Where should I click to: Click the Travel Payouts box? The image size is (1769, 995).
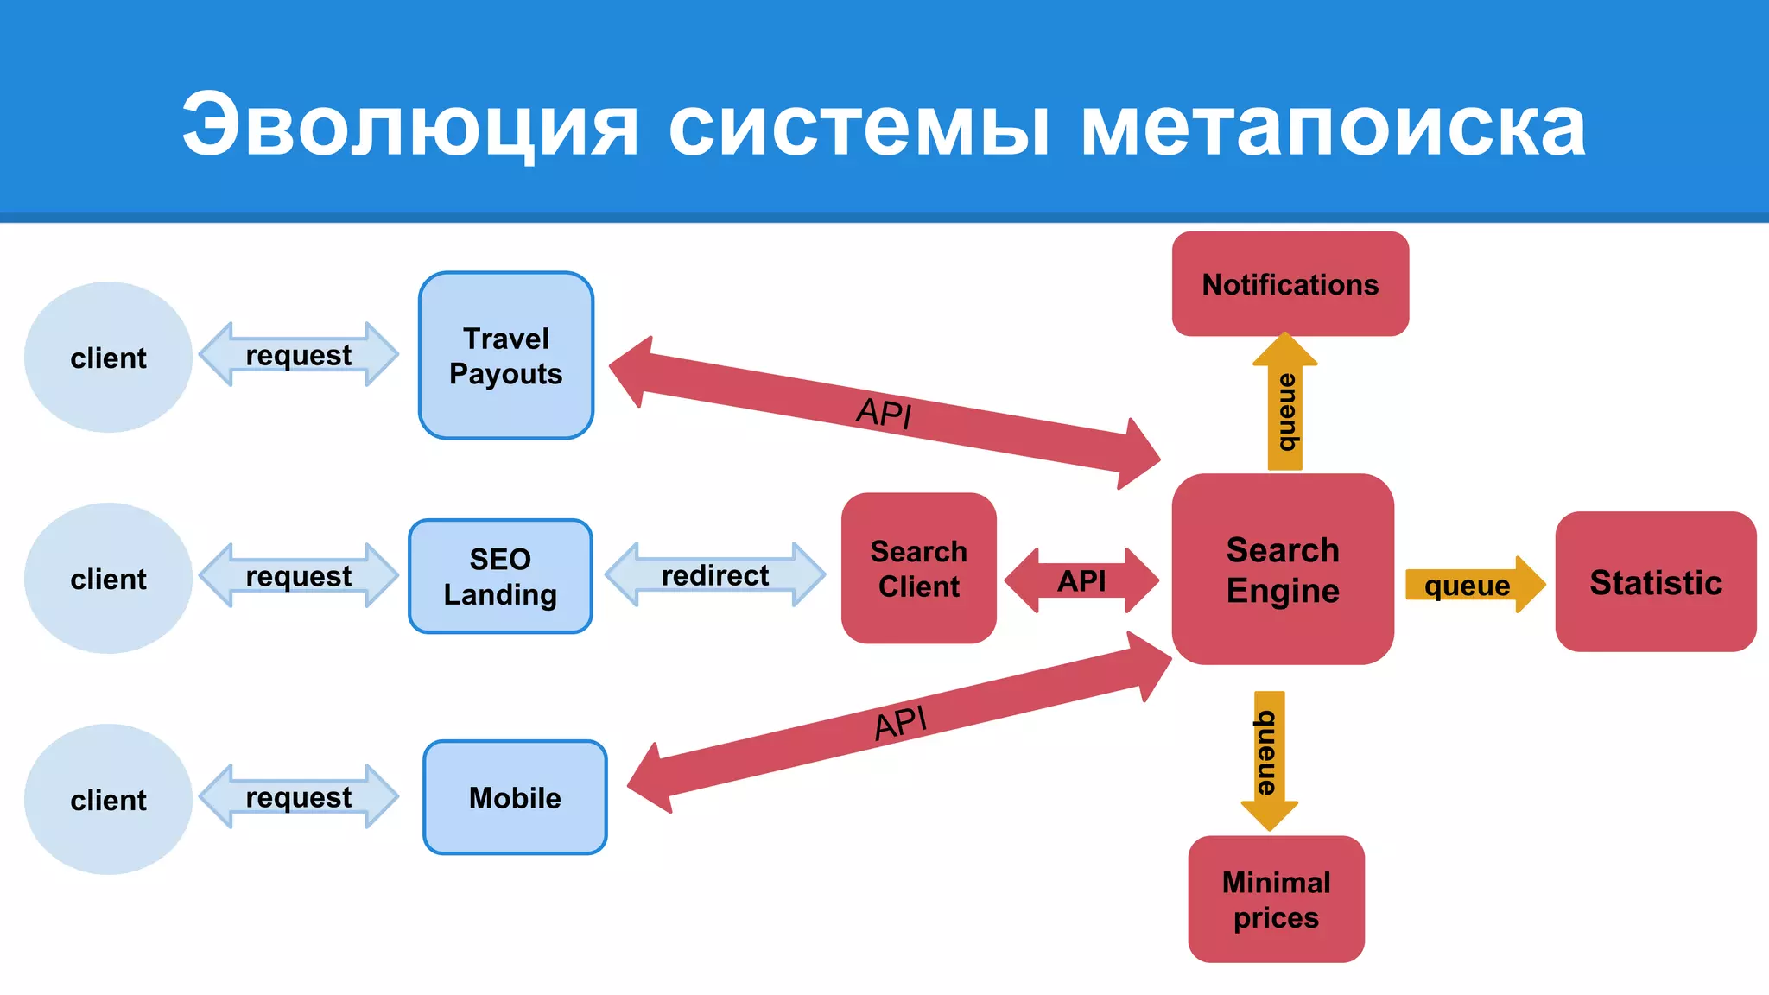click(506, 356)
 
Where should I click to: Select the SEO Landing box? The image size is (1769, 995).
click(500, 576)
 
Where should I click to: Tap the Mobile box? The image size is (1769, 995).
click(515, 797)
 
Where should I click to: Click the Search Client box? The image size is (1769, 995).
click(918, 568)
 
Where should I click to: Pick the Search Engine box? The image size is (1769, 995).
click(1283, 569)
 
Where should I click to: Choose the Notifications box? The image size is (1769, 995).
click(1290, 284)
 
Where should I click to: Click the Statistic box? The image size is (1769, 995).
click(1655, 582)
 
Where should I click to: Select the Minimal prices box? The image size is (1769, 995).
click(1276, 899)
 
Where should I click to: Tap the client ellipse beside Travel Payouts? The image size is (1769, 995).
click(108, 358)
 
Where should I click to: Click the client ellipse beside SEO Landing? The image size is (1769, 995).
click(108, 579)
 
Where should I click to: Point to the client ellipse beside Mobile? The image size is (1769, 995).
click(108, 800)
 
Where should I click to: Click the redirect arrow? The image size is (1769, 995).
click(715, 575)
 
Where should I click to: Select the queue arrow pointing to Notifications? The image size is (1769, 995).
click(1285, 406)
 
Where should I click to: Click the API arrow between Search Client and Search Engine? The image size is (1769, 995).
click(1081, 580)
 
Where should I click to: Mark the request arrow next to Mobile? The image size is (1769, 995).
click(299, 796)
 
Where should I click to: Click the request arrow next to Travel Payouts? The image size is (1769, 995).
click(299, 354)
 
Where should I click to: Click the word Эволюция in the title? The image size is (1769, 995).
click(410, 126)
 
